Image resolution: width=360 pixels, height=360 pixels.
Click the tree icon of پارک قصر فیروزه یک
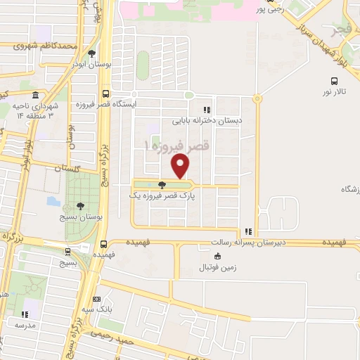[162, 185]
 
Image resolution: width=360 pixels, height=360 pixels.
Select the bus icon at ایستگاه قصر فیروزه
[105, 94]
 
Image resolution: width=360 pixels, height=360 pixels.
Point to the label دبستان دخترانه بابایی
[207, 120]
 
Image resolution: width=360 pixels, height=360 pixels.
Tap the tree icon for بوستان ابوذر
[91, 54]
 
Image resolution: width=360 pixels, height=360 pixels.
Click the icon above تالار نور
[334, 82]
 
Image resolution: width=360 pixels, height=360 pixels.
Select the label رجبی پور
[271, 10]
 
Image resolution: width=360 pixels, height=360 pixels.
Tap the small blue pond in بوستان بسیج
[53, 200]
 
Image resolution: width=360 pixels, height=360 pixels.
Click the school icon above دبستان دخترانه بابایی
[207, 110]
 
